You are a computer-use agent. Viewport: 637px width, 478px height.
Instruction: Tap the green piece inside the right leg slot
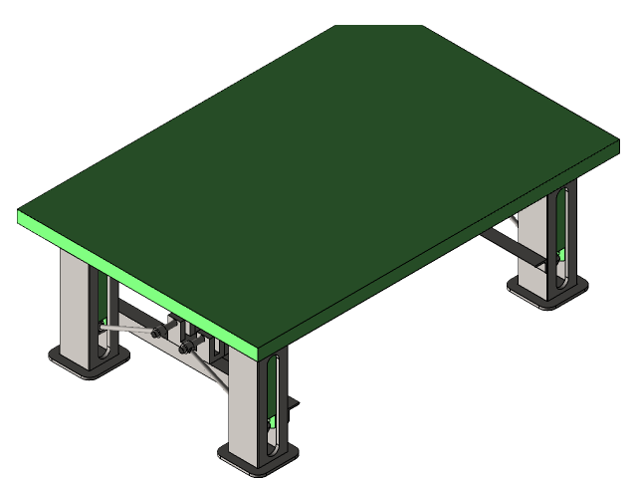tap(563, 255)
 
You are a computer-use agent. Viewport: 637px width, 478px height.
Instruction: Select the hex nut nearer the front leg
tap(185, 347)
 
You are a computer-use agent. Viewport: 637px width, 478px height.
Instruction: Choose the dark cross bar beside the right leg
tap(513, 246)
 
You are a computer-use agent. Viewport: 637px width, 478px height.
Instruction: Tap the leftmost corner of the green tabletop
tap(20, 214)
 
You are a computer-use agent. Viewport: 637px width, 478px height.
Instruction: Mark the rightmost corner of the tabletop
tap(617, 145)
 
